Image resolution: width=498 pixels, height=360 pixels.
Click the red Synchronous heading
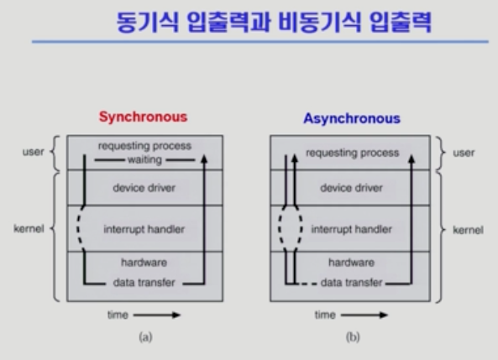click(x=144, y=117)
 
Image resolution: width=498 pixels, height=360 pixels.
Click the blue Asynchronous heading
click(x=352, y=118)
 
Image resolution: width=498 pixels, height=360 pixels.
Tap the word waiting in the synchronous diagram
click(x=144, y=159)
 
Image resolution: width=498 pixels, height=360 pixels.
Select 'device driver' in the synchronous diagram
click(x=144, y=188)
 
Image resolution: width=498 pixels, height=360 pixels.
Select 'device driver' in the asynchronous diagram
click(x=351, y=188)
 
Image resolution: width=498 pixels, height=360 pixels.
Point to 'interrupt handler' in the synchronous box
click(x=144, y=229)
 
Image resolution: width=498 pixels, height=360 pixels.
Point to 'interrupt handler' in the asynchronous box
click(x=352, y=229)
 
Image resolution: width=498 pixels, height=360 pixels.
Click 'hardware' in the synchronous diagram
click(x=144, y=263)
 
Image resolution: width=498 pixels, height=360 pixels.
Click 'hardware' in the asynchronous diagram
click(x=351, y=263)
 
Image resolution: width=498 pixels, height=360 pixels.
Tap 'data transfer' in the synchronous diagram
click(x=144, y=283)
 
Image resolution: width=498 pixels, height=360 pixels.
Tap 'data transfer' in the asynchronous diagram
click(x=351, y=283)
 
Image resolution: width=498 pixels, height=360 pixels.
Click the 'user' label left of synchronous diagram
click(x=34, y=152)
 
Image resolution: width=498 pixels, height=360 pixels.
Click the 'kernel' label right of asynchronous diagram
click(x=468, y=230)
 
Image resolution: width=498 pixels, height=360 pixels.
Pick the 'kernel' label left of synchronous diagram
click(x=29, y=228)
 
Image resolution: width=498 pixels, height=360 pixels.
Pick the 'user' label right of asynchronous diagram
click(x=464, y=153)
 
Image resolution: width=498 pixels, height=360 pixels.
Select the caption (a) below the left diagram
click(x=145, y=337)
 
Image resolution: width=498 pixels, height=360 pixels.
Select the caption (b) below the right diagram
click(x=353, y=337)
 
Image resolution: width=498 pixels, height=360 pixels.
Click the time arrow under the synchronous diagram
click(x=157, y=315)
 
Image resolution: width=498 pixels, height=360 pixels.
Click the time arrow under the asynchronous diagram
click(x=364, y=315)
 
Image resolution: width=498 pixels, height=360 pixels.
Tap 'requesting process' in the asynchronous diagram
click(x=352, y=153)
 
